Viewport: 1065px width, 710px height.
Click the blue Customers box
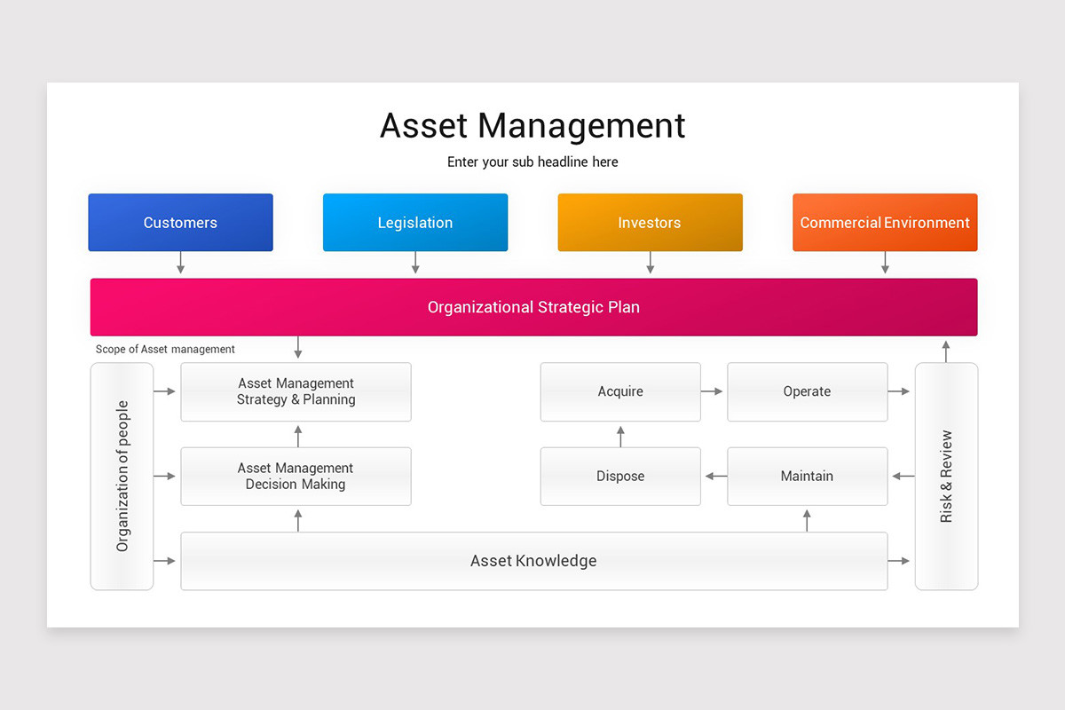tap(180, 223)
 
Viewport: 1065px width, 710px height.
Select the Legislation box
tap(415, 223)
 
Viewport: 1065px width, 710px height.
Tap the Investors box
tap(650, 223)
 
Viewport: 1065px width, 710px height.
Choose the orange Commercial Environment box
tap(885, 223)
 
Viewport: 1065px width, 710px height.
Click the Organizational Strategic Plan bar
tap(533, 307)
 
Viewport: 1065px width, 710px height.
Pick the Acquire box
tap(620, 391)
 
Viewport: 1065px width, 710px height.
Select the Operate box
tap(807, 391)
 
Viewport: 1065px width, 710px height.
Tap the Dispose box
tap(620, 477)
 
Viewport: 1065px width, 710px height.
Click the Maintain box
tap(807, 477)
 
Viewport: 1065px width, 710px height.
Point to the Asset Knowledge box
tap(533, 561)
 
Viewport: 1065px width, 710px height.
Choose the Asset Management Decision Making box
tap(296, 477)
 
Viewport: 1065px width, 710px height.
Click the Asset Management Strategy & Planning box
tap(296, 391)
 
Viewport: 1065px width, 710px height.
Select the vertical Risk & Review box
tap(946, 477)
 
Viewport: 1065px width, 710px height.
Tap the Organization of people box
tap(122, 477)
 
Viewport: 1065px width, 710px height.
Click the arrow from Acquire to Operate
tap(714, 391)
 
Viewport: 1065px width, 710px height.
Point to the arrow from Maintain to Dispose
tap(714, 477)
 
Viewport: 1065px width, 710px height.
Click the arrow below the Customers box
tap(180, 263)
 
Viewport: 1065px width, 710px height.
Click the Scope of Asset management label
tap(165, 350)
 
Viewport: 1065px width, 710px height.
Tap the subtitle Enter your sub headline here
tap(532, 162)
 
